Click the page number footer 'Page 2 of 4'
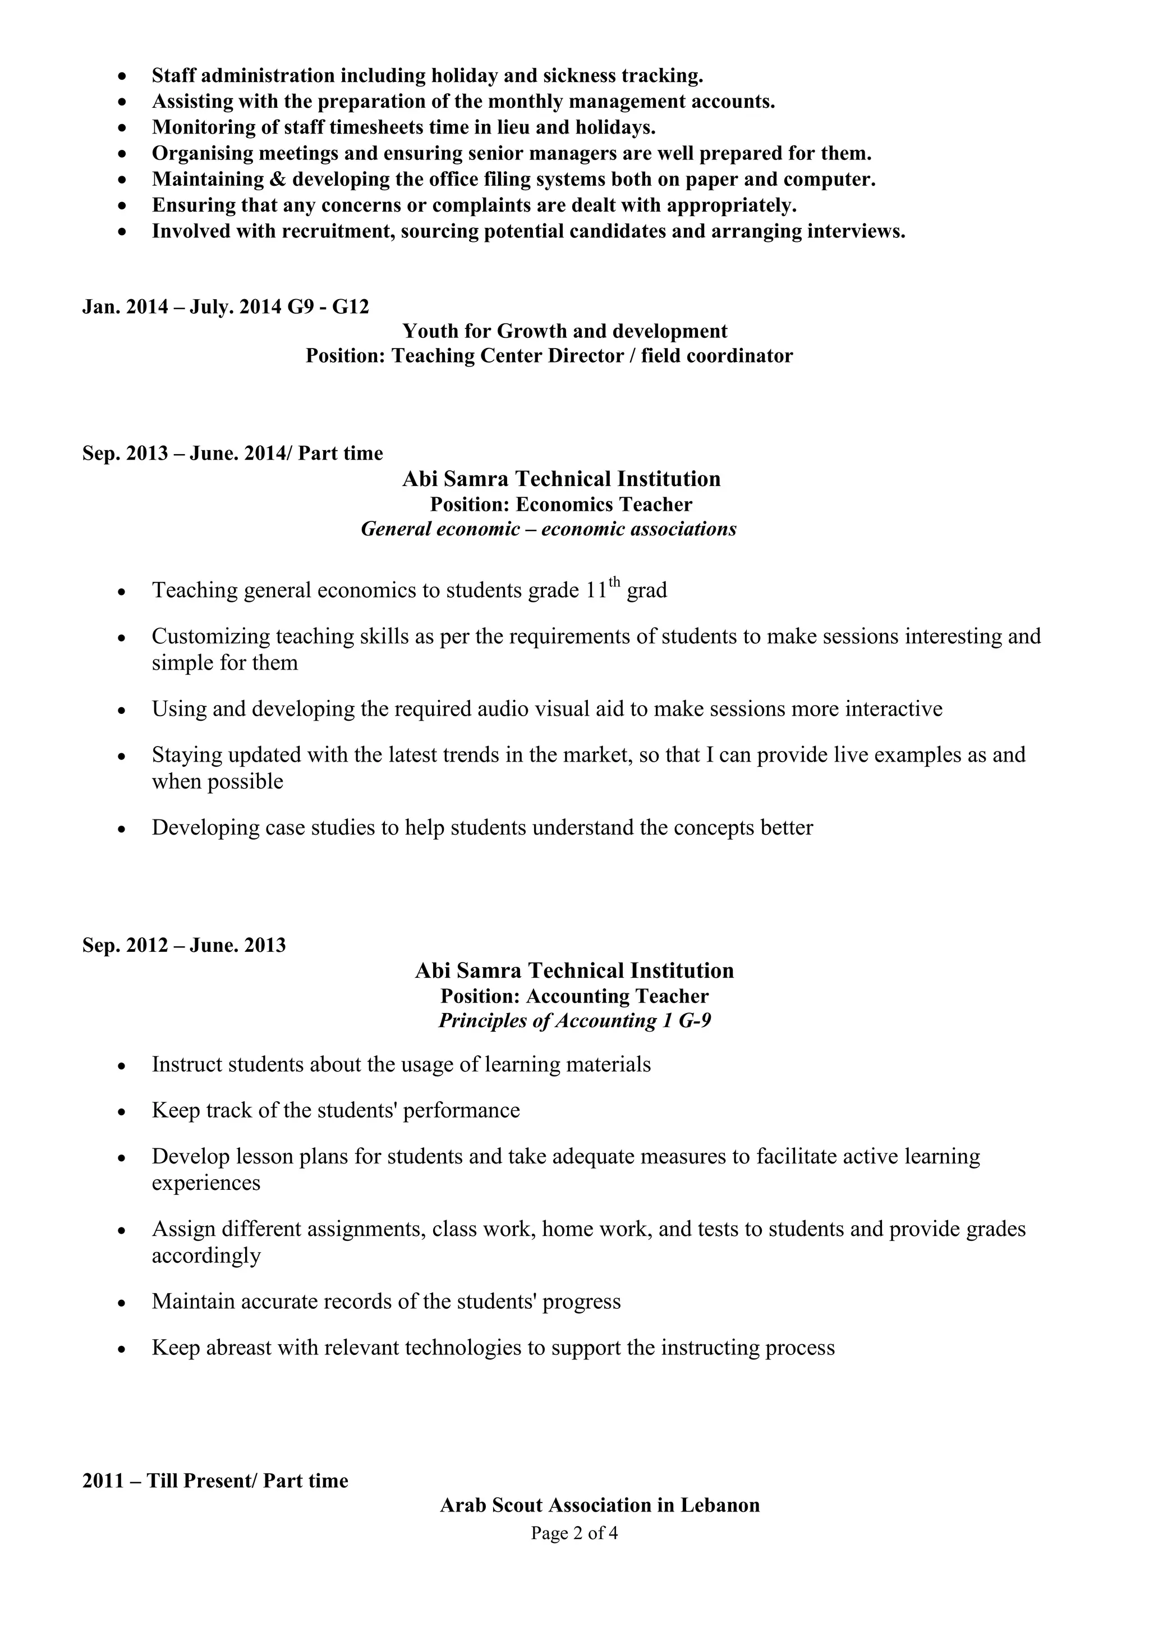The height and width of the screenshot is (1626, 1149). pyautogui.click(x=574, y=1533)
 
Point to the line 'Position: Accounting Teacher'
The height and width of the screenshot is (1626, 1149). pyautogui.click(x=574, y=996)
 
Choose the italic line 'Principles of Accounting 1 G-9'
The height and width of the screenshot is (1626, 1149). pyautogui.click(x=574, y=1020)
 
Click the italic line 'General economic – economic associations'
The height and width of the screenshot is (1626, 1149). pyautogui.click(x=549, y=529)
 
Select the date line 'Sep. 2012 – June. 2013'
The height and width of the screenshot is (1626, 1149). pyautogui.click(x=184, y=945)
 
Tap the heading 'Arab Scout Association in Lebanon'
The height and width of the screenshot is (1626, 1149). pyautogui.click(x=600, y=1505)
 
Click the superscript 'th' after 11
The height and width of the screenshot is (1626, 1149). pyautogui.click(x=614, y=582)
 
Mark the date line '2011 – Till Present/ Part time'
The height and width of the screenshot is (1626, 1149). pyautogui.click(x=215, y=1481)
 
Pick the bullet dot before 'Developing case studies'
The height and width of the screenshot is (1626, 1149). pyautogui.click(x=122, y=828)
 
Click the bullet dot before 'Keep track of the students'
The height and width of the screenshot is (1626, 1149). pyautogui.click(x=122, y=1111)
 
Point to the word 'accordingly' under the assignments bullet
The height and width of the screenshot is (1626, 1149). pyautogui.click(x=206, y=1256)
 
